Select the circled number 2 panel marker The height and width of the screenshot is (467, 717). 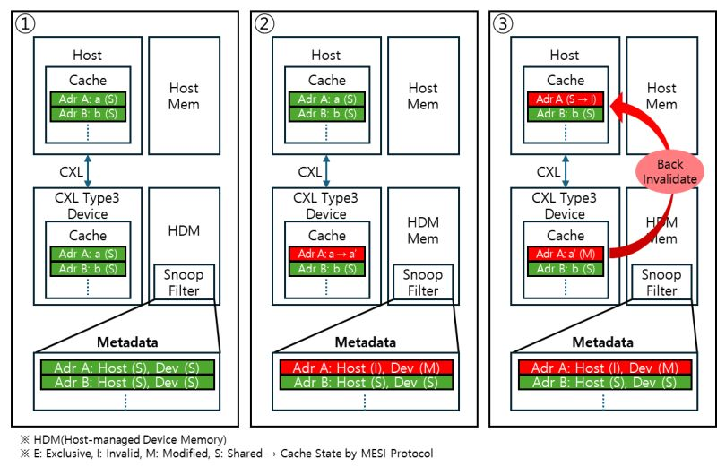coord(263,24)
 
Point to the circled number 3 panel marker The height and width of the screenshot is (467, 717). coord(503,24)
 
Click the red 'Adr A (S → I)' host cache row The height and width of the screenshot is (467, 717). coord(565,99)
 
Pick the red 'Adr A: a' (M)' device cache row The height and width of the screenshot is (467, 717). coord(565,254)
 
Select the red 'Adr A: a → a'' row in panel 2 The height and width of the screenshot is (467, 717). coord(325,254)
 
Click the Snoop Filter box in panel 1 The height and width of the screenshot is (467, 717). coord(184,282)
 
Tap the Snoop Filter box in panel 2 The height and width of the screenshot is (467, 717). coord(423,282)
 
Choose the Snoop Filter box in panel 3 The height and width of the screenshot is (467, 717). coord(662,282)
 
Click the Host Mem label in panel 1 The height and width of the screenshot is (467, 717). coord(184,96)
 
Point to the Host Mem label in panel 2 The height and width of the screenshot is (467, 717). coord(423,96)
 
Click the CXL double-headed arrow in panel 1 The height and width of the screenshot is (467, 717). coord(87,170)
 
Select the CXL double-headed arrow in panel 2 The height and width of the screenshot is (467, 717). coord(326,170)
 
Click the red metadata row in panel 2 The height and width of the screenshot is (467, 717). coord(366,368)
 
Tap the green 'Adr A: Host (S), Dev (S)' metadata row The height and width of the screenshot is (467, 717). coord(126,368)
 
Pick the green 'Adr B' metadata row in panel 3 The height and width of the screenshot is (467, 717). coord(605,383)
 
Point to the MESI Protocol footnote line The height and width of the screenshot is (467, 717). coord(224,454)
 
